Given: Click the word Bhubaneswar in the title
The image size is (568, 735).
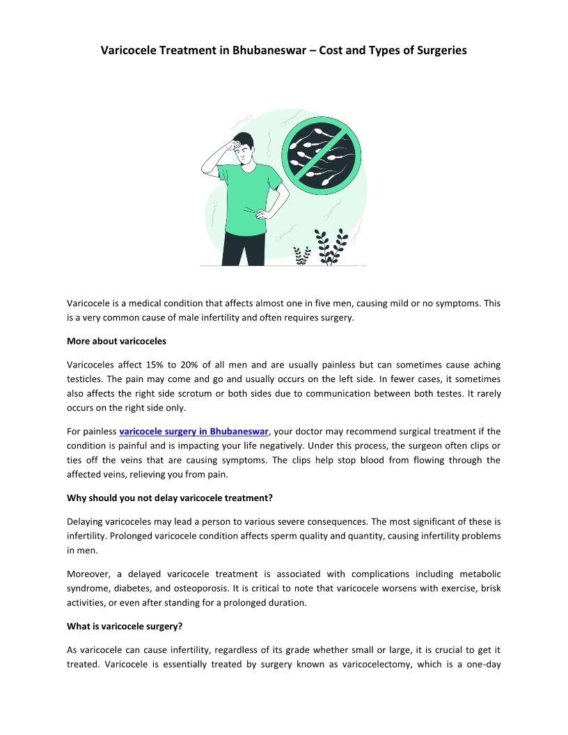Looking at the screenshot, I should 269,50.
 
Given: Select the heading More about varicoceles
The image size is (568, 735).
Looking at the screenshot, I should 116,341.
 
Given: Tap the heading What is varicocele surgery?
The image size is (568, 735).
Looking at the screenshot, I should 125,626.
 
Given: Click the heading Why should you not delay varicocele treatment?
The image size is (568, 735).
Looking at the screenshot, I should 183,498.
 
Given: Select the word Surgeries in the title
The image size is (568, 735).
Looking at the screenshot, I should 440,50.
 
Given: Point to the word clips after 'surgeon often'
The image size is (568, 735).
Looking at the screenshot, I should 475,445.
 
